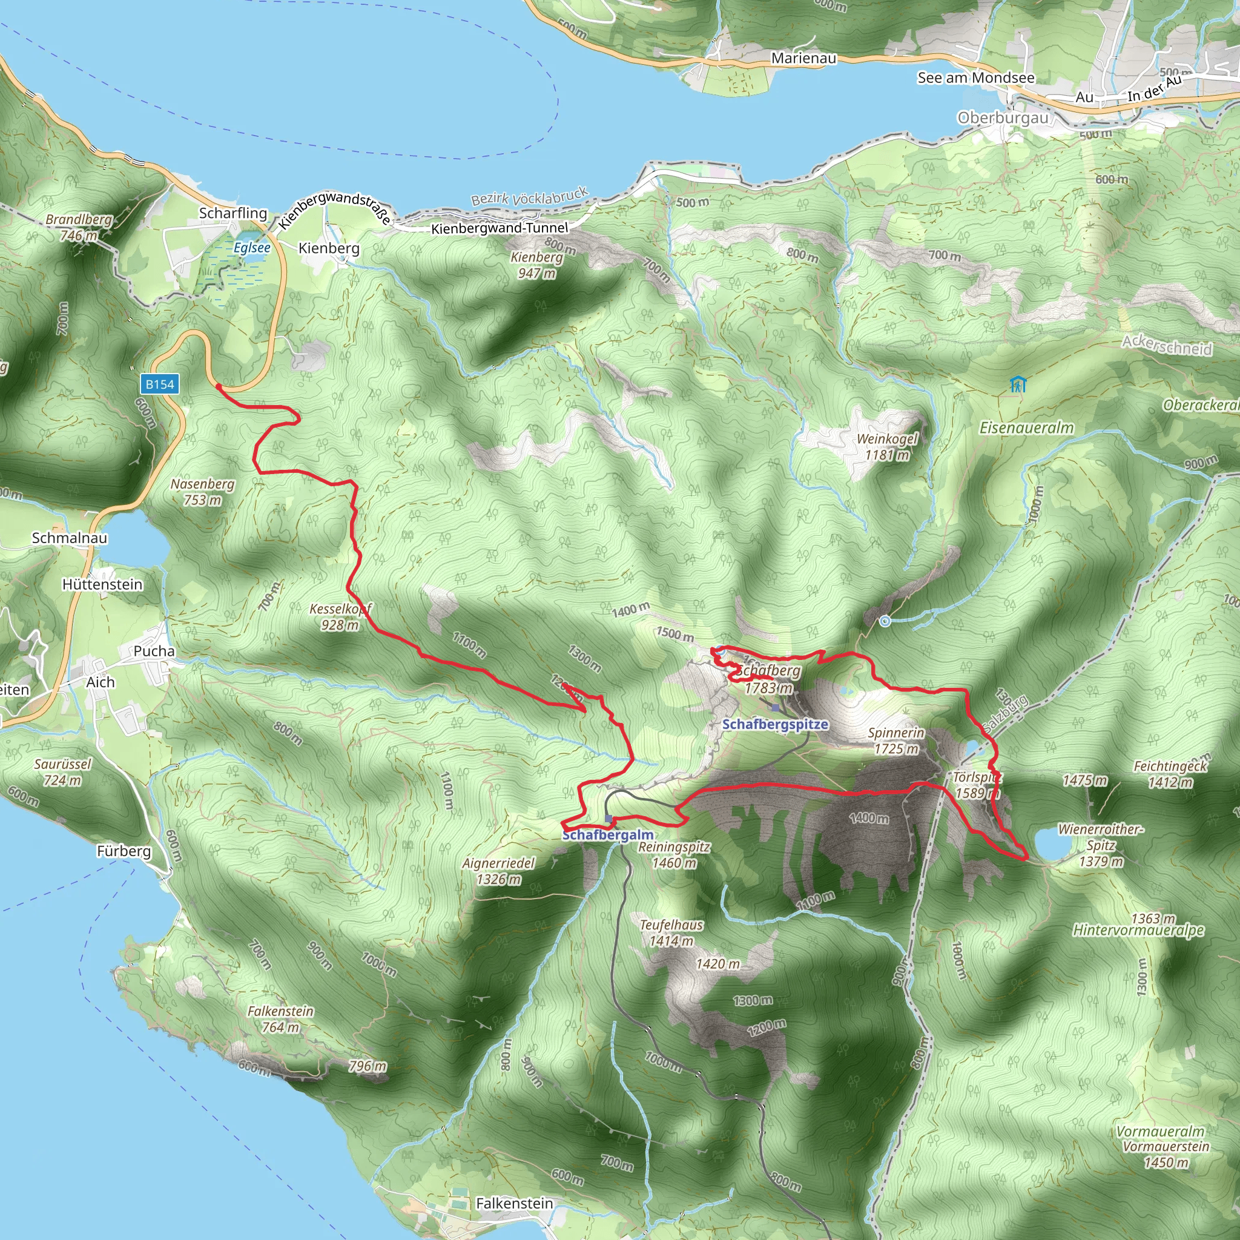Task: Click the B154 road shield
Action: tap(159, 384)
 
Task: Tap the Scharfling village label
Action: tap(232, 213)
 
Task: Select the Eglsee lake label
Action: tap(252, 248)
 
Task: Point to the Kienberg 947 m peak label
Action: tap(536, 265)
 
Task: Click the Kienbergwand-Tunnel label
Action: tap(500, 228)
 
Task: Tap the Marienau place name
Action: tap(803, 58)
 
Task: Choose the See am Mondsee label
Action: tap(975, 78)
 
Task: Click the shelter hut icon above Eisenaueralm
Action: tap(1017, 384)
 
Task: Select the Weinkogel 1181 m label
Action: tap(887, 447)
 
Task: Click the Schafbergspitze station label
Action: tap(774, 724)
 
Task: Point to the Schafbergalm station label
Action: tap(608, 835)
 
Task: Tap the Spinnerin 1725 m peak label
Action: tap(896, 740)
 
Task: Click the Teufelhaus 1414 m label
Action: tap(671, 932)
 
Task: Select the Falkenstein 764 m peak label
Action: tap(280, 1018)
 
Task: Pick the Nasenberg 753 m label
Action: tap(202, 492)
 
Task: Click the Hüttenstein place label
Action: tap(102, 585)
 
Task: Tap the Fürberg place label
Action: tap(124, 851)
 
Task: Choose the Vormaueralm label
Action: tap(1161, 1131)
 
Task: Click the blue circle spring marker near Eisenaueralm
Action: tap(885, 621)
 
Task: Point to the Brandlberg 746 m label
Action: tap(78, 227)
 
